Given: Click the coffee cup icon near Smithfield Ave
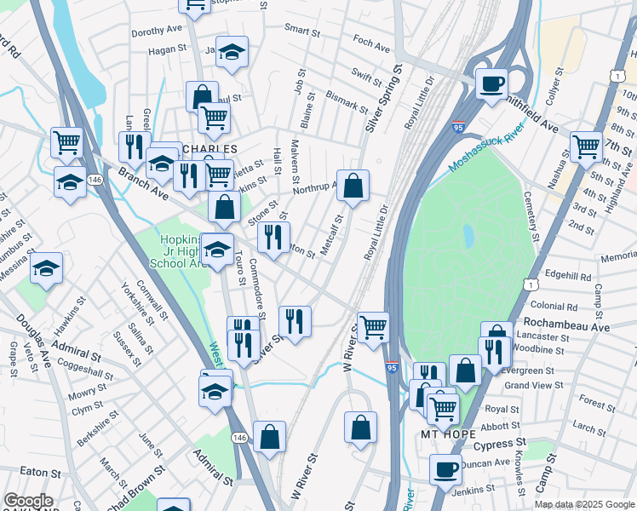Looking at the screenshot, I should tap(491, 84).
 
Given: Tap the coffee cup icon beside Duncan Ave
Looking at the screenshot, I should tap(444, 469).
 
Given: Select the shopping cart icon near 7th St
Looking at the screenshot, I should tap(586, 146).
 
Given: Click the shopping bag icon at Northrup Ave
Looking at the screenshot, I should tap(353, 185).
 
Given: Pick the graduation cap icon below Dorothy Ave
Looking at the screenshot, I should tap(232, 53).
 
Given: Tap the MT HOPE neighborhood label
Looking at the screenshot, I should tap(446, 434).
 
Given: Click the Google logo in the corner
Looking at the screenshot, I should tap(28, 501).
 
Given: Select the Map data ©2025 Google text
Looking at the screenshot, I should tap(583, 504).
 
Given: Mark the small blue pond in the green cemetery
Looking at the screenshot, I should tap(468, 233).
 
